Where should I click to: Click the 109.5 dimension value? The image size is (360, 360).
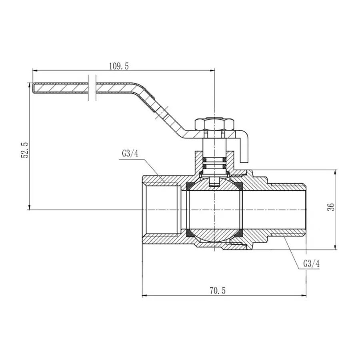[x=118, y=66]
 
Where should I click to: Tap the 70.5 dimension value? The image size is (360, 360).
[x=218, y=291]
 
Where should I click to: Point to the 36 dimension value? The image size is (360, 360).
[x=330, y=207]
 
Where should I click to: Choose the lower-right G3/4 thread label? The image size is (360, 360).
[x=311, y=264]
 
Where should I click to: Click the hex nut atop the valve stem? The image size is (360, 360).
[x=210, y=124]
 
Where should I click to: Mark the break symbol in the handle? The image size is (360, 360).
[x=92, y=88]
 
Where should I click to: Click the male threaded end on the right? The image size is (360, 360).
[x=288, y=210]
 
